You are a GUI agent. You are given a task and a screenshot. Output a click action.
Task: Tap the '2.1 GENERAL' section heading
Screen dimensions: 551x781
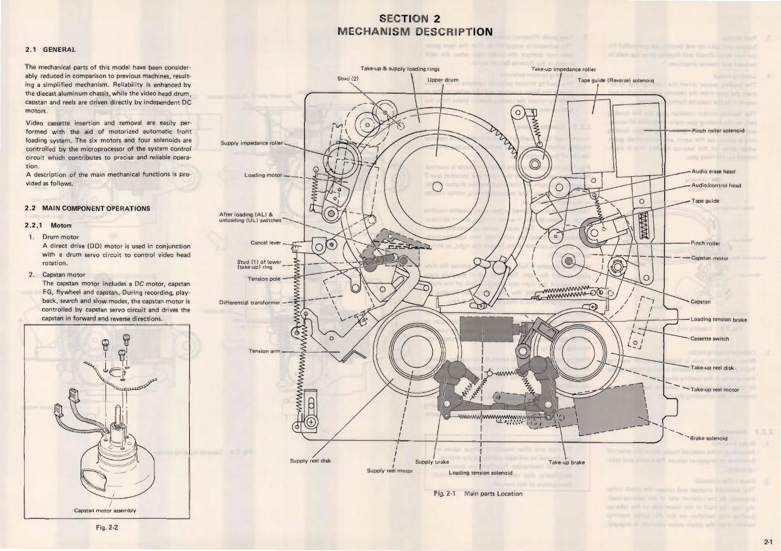pyautogui.click(x=51, y=50)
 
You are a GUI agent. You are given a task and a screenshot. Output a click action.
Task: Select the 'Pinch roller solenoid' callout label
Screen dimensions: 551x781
pyautogui.click(x=718, y=130)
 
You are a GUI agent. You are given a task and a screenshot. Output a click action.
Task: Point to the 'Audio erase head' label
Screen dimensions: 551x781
pyautogui.click(x=713, y=171)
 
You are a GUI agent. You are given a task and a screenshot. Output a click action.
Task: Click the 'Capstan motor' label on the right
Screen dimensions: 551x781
pyautogui.click(x=710, y=258)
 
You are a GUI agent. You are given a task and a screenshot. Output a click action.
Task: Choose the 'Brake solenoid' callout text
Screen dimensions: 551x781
pyautogui.click(x=709, y=438)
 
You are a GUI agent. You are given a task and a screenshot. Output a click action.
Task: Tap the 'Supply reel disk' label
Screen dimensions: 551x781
pyautogui.click(x=310, y=461)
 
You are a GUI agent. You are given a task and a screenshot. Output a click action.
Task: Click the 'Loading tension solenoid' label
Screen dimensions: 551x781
pyautogui.click(x=480, y=472)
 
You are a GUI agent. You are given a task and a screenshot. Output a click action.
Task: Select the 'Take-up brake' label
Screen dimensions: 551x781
pyautogui.click(x=566, y=462)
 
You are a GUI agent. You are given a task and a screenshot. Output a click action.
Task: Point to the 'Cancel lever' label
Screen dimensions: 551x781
pyautogui.click(x=266, y=243)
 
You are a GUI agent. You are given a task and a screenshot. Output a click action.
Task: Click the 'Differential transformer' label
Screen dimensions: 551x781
pyautogui.click(x=250, y=302)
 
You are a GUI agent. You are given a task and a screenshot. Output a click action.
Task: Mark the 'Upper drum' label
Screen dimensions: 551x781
pyautogui.click(x=443, y=80)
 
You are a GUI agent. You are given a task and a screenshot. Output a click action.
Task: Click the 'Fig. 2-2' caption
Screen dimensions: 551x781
pyautogui.click(x=107, y=527)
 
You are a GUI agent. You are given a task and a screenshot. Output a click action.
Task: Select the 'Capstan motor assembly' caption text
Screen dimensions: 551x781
pyautogui.click(x=105, y=510)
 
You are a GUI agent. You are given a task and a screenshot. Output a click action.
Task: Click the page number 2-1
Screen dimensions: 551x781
pyautogui.click(x=768, y=542)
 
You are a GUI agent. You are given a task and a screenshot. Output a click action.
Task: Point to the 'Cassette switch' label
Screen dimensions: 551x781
pyautogui.click(x=709, y=338)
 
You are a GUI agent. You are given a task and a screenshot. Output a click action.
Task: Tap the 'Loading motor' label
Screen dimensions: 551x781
pyautogui.click(x=263, y=175)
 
